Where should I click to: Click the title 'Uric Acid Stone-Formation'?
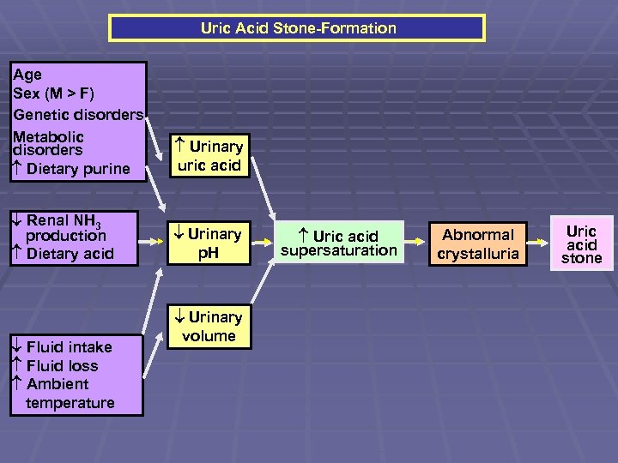pos(298,28)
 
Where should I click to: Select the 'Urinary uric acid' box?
pos(209,155)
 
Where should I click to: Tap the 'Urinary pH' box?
pos(209,242)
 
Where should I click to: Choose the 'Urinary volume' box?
pos(209,326)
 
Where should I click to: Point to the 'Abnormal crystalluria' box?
pos(478,243)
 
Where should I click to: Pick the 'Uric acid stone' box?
pos(581,244)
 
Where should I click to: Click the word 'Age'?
pos(27,75)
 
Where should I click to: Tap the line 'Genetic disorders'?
pos(78,114)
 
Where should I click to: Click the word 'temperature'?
pos(70,402)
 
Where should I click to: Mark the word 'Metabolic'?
pos(49,136)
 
